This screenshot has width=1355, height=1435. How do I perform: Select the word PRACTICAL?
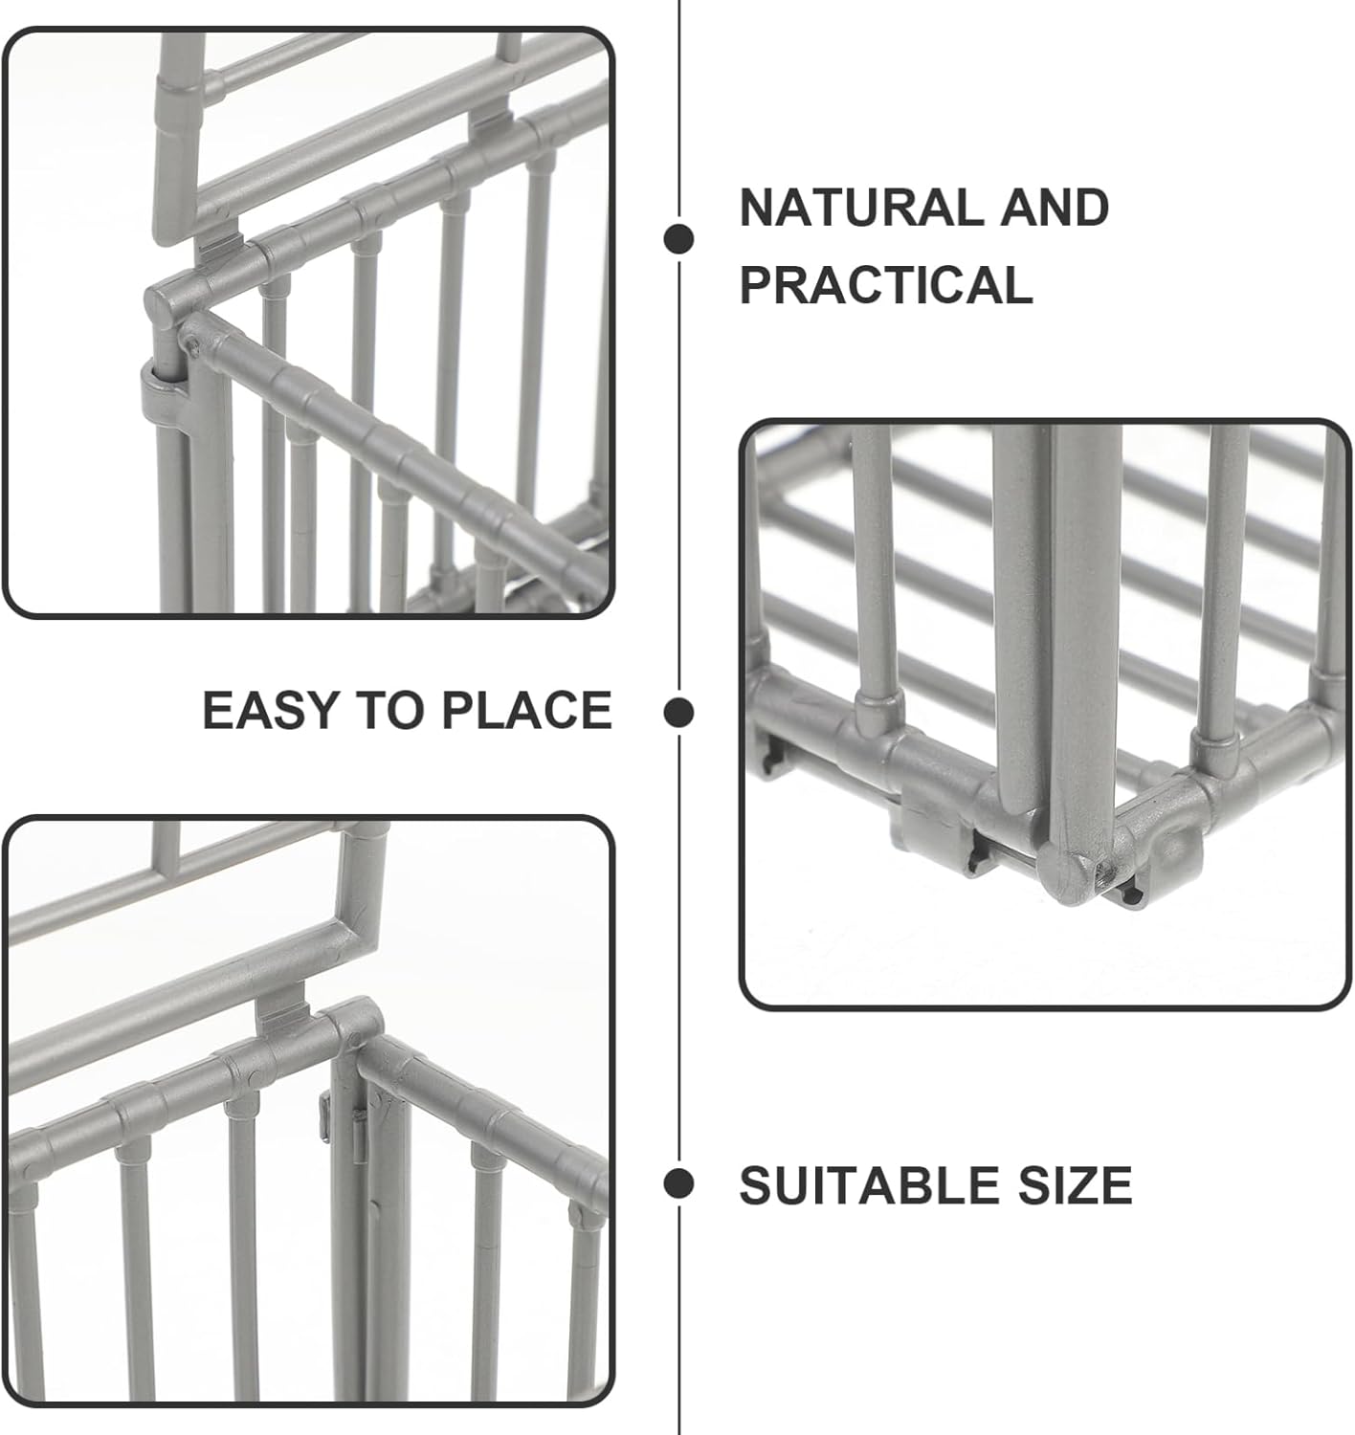[886, 284]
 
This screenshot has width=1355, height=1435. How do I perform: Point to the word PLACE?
[527, 710]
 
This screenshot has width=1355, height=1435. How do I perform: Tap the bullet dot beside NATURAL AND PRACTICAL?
[678, 239]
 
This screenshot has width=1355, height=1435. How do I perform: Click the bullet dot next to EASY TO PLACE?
[678, 713]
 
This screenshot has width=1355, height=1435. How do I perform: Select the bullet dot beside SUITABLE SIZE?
[678, 1183]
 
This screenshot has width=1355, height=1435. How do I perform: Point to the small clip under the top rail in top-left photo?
[218, 247]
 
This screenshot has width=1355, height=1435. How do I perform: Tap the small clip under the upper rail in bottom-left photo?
[283, 1016]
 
